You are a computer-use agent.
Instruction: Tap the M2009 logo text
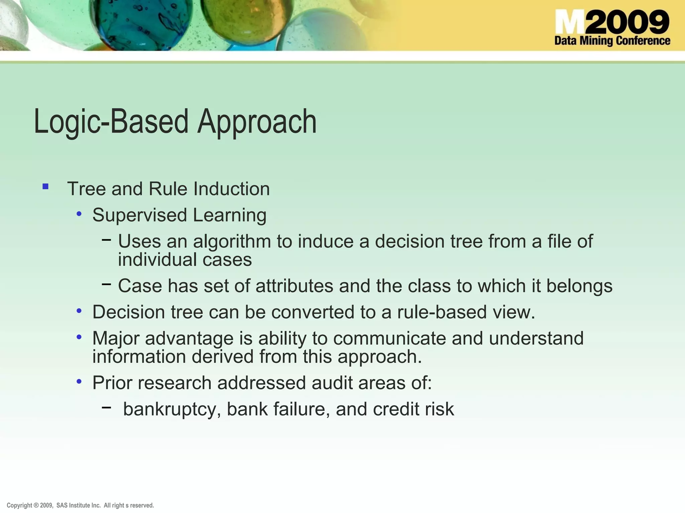pyautogui.click(x=612, y=22)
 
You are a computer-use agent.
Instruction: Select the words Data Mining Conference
pyautogui.click(x=612, y=41)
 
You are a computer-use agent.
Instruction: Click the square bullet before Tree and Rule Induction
pyautogui.click(x=45, y=187)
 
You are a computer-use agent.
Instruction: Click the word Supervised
pyautogui.click(x=139, y=215)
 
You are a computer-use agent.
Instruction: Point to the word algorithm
pyautogui.click(x=232, y=241)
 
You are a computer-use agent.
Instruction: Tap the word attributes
pyautogui.click(x=294, y=286)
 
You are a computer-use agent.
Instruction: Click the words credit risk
pyautogui.click(x=413, y=409)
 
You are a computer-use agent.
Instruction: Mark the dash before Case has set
pyautogui.click(x=106, y=284)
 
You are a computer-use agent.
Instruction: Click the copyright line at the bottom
pyautogui.click(x=80, y=505)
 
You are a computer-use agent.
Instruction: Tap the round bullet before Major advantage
pyautogui.click(x=79, y=337)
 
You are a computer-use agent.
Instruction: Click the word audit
pyautogui.click(x=332, y=383)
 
